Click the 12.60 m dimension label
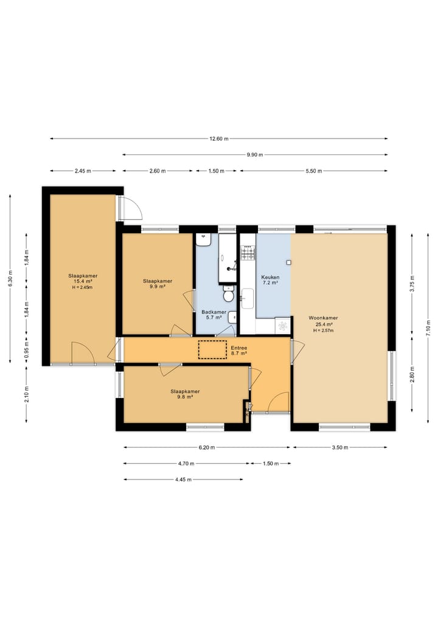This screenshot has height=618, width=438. pos(219,139)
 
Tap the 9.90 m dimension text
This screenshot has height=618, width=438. pos(255,155)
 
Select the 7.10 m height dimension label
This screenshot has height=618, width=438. pos(428,328)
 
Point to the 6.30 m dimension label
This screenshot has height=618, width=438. pos(10,278)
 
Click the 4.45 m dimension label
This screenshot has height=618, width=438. pos(184,479)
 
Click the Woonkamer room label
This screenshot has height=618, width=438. pos(323,318)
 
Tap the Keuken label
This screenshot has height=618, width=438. pos(270,277)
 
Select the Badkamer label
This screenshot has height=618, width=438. pos(214,312)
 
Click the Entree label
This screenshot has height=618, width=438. pos(239,348)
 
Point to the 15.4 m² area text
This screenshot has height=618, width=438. pos(83,281)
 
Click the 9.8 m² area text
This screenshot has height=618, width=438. pos(185,397)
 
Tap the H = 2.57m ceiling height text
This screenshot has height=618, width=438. pos(323,331)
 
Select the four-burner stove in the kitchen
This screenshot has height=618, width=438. pos(248,253)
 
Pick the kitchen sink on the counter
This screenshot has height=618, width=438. pos(248,298)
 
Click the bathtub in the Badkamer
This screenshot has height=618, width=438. pos(228,258)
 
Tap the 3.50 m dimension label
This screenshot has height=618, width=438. pos(340,447)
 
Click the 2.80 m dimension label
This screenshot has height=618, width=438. pos(412,375)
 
